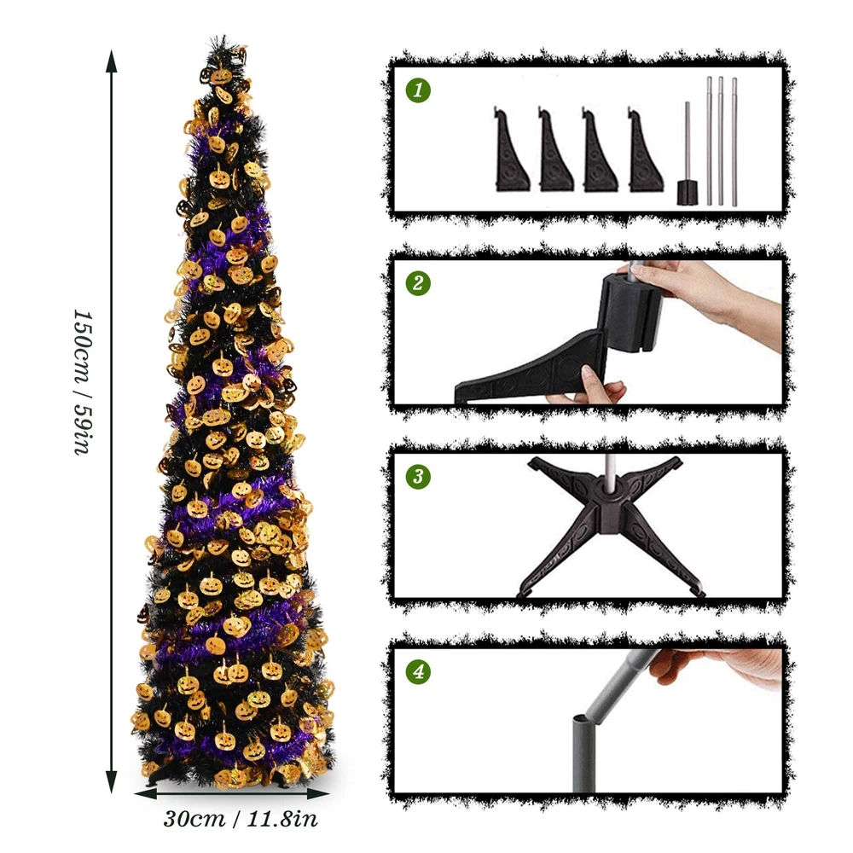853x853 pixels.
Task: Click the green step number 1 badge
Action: coord(418,90)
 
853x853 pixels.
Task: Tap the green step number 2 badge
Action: coord(418,283)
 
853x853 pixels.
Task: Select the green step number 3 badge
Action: coord(418,476)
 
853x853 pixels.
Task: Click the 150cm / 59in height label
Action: coord(84,382)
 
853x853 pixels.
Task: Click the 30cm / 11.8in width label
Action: coord(241,819)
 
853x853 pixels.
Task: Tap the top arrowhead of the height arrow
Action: coord(112,60)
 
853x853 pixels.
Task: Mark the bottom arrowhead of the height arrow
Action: coord(112,782)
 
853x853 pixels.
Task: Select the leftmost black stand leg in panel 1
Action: coord(512,151)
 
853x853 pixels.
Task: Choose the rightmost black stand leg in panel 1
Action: coord(646,151)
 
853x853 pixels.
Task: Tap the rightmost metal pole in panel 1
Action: coord(734,142)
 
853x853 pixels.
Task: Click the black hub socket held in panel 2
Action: coord(630,313)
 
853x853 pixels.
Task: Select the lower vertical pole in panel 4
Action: coord(583,753)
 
